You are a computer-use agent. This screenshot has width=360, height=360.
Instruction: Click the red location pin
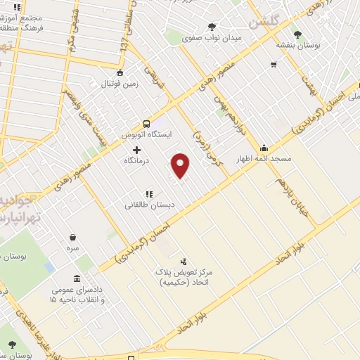point(181,165)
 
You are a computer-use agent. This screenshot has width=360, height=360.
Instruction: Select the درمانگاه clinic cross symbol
point(136,150)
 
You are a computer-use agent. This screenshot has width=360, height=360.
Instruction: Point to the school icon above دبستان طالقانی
point(148,194)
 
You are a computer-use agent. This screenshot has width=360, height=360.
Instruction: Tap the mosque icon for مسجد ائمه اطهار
point(264,148)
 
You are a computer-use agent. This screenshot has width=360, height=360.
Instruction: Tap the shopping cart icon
point(273,65)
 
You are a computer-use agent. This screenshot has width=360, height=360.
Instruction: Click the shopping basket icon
point(72,238)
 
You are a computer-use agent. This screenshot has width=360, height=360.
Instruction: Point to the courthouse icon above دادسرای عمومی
point(77,278)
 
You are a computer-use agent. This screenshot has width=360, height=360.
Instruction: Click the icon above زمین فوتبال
point(120,72)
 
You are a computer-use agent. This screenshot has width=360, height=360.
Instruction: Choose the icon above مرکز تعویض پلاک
point(184,261)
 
